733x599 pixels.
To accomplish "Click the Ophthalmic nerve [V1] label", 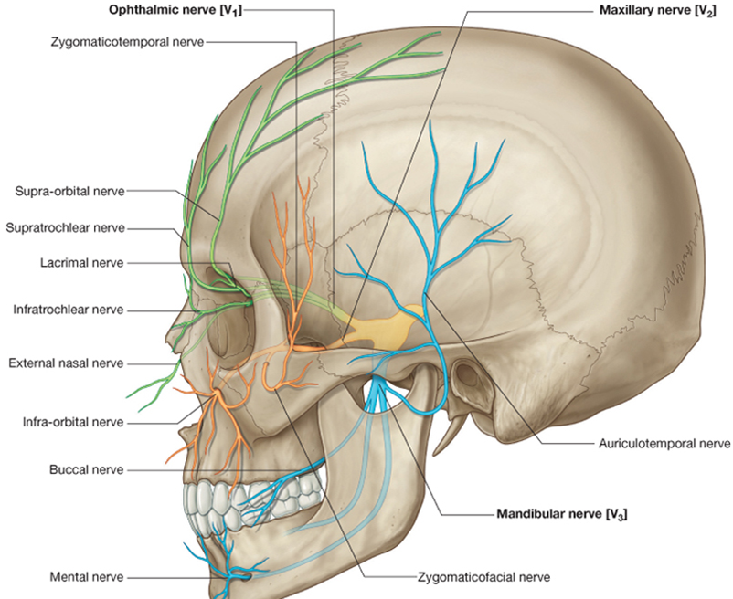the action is point(175,10).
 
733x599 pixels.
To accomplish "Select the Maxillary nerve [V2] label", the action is point(657,10).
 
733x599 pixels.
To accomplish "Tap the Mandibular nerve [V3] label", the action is point(562,514).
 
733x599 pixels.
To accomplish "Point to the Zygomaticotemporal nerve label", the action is point(127,42).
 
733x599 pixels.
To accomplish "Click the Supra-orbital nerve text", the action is point(69,192).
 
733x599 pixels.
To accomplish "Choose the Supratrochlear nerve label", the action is point(66,228).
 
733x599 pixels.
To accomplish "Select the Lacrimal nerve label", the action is point(82,263).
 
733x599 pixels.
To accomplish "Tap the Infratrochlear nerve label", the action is point(69,310).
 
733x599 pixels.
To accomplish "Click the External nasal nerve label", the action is point(66,363).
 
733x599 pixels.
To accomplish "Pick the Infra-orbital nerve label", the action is point(73,422).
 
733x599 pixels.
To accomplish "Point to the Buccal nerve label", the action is point(87,469).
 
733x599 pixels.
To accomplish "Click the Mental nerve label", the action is point(87,577).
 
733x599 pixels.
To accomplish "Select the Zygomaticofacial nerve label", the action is point(483,577).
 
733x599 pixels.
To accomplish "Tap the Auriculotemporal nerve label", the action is point(664,443).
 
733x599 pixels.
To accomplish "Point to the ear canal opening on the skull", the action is point(465,374).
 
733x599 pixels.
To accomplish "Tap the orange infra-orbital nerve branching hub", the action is point(217,394).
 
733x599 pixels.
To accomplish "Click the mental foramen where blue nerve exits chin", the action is point(243,576).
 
